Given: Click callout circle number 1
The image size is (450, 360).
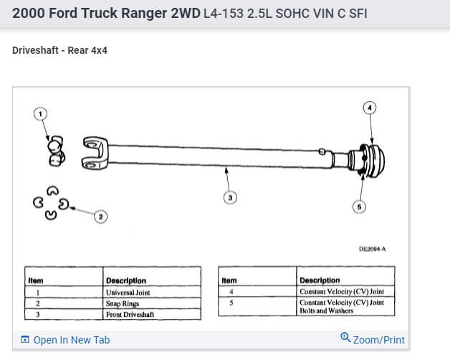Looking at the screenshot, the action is [40, 114].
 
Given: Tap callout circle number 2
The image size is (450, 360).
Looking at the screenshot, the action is [101, 217].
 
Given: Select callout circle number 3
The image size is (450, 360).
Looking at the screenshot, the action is [230, 198].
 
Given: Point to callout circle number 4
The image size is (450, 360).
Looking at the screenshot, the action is [370, 108].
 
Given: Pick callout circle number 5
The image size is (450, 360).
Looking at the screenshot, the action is [359, 207].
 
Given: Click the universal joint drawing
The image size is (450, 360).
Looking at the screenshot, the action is [56, 151].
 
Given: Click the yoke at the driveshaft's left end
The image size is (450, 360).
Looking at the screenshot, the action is [95, 153].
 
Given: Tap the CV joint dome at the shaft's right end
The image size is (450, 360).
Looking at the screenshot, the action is [377, 161].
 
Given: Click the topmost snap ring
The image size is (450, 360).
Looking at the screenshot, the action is [53, 191].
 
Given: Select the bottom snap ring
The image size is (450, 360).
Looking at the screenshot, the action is [51, 215].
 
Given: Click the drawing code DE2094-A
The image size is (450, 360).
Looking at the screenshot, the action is [372, 249].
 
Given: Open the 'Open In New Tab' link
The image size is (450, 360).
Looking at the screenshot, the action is [65, 340].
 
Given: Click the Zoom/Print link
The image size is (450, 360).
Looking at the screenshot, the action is [373, 339].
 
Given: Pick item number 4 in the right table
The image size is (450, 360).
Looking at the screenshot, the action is [231, 292].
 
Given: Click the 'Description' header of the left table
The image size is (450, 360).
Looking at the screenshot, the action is [126, 280].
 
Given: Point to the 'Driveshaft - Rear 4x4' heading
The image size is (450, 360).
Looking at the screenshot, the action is [59, 50].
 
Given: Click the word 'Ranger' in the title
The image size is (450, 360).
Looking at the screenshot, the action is [144, 14].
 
